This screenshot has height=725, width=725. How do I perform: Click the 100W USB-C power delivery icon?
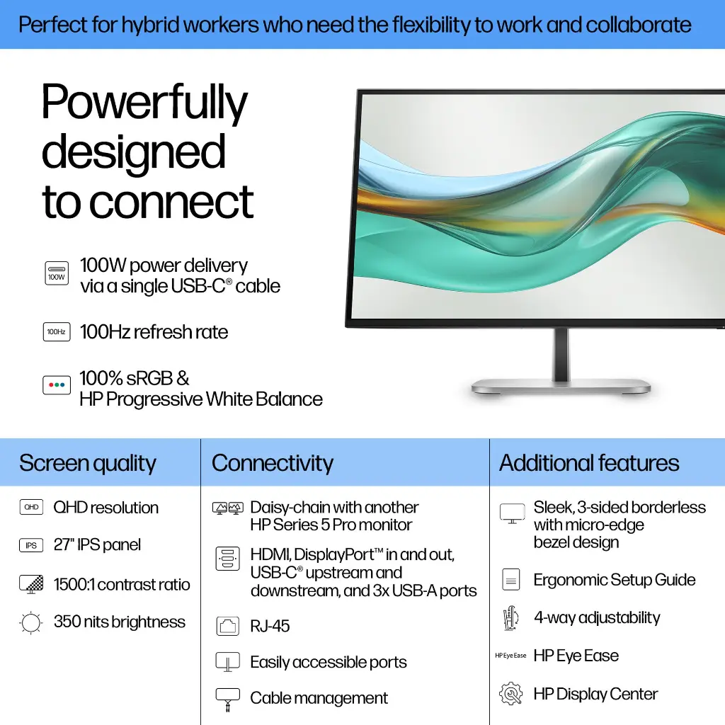pos(57,274)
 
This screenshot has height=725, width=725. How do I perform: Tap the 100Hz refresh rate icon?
pos(57,331)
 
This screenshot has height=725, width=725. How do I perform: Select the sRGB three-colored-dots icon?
pos(57,386)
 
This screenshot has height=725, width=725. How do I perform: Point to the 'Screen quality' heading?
pos(88,463)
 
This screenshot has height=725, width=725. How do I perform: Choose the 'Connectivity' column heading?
pos(273,463)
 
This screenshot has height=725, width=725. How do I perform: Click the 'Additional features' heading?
pos(589,463)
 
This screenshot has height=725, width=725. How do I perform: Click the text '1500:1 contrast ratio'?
pos(122,585)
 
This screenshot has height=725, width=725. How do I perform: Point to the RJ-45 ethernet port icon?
pos(228,626)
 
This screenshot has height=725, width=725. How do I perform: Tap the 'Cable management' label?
pos(319,698)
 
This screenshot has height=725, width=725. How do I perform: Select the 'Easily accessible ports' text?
pos(329,663)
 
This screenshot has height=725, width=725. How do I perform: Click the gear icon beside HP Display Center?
pos(510,693)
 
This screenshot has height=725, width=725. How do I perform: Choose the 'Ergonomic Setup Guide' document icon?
pos(510,580)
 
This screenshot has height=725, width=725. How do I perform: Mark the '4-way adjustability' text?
pos(597,617)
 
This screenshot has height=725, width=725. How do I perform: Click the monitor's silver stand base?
pos(561,387)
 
